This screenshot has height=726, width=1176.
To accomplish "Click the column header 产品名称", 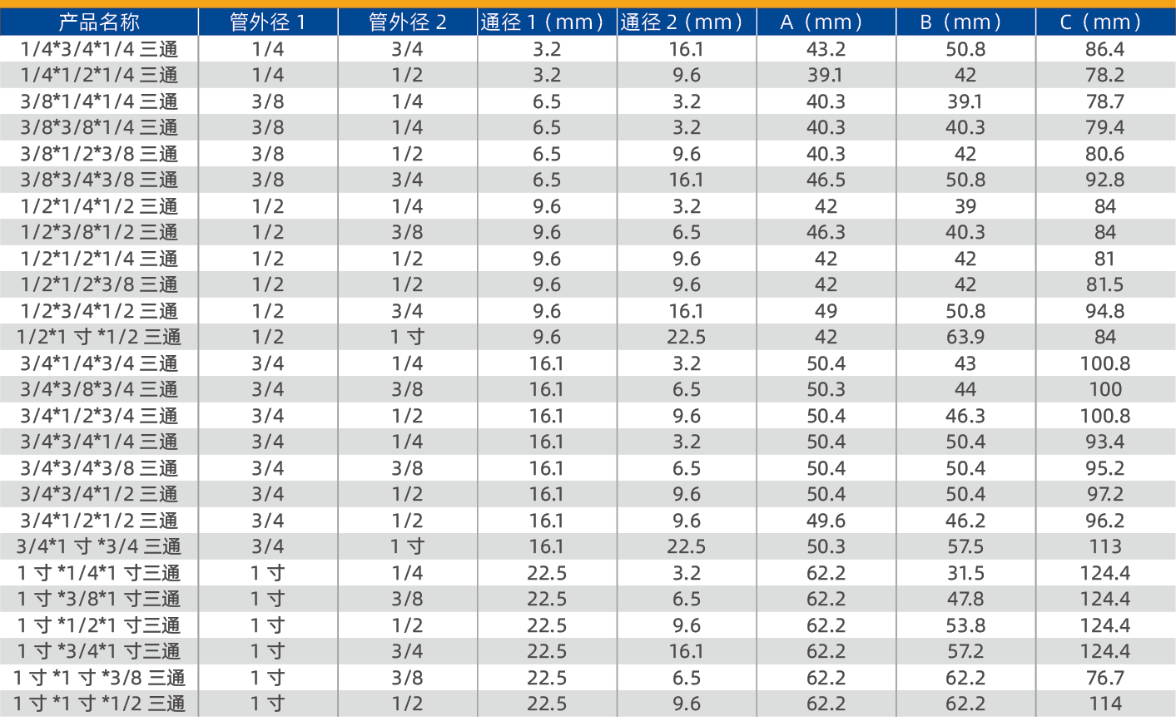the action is pos(99,22).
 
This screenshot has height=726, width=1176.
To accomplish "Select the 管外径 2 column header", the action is pos(408,22).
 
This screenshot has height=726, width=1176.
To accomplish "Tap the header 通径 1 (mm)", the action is pos(547,22).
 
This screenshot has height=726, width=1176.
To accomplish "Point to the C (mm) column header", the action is pos(1105,22).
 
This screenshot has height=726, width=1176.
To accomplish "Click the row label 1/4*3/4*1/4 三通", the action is pos(99,49).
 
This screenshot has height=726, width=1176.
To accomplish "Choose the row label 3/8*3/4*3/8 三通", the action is pos(99,180).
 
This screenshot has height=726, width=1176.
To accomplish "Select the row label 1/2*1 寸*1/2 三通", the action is pos(99,337).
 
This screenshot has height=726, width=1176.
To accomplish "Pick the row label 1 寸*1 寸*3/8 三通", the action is pos(99,678).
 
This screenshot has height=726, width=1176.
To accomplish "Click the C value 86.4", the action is pos(1105,49).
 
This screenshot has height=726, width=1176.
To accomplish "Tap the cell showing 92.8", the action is pos(1105,180).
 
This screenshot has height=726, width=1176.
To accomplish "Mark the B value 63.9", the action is pos(965,337).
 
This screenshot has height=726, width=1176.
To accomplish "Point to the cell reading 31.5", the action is pos(965,573).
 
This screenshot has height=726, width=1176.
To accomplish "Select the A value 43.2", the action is pos(826,49).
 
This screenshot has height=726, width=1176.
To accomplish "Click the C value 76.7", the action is pos(1105,678).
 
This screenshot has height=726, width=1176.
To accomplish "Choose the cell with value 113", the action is pos(1105,546).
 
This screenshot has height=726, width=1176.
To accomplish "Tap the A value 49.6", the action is pos(826,521).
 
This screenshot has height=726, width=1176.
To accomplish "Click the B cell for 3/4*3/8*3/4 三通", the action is pos(965,389).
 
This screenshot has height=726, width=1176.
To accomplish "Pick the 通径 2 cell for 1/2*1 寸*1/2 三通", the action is pos(686,337).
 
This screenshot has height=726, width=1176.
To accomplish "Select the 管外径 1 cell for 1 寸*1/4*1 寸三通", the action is pos(268,573).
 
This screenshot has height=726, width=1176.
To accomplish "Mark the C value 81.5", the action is pos(1105,284).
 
